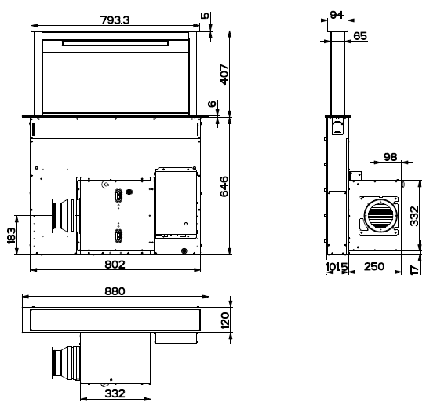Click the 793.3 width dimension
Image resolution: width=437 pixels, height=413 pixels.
point(115,20)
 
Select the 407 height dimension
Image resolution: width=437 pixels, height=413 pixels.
point(224,75)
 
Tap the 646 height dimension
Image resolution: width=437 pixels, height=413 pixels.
point(224,187)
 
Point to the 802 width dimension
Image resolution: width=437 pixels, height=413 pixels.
point(115,265)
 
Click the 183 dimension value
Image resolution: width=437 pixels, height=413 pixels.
point(11,236)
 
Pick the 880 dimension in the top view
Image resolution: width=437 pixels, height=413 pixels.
point(115,291)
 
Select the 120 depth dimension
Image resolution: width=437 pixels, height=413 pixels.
point(224,320)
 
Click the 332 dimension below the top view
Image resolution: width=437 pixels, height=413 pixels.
point(115,393)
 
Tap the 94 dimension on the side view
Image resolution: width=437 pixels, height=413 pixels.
point(337,15)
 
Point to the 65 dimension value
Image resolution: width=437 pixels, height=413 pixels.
point(360,36)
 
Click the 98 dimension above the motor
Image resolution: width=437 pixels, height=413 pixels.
point(390,157)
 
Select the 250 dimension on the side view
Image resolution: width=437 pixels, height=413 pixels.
point(374,267)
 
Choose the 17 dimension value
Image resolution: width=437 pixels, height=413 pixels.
point(415,269)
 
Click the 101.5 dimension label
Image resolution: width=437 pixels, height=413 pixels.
point(337,267)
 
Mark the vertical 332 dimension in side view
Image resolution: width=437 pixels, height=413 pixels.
point(414,216)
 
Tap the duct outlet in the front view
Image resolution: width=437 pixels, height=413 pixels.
point(64,216)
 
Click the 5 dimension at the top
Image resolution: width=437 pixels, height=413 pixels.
point(205,16)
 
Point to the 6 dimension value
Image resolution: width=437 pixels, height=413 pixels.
point(212,104)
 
